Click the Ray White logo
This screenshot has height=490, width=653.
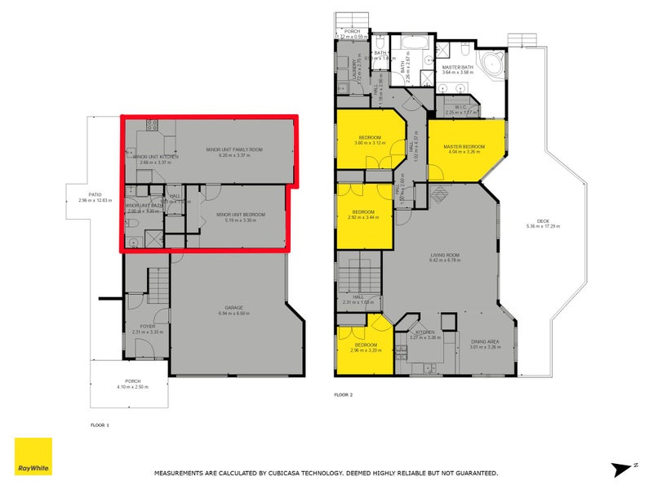coord(33,457)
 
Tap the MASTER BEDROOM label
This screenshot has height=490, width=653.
coord(464,147)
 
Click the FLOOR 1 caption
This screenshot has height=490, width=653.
coord(99,425)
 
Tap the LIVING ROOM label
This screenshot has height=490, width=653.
coord(446,256)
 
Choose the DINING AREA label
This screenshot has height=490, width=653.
coord(484,341)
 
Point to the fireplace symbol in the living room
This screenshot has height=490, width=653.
coord(439,194)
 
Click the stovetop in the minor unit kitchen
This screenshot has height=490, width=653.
coord(152,125)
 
